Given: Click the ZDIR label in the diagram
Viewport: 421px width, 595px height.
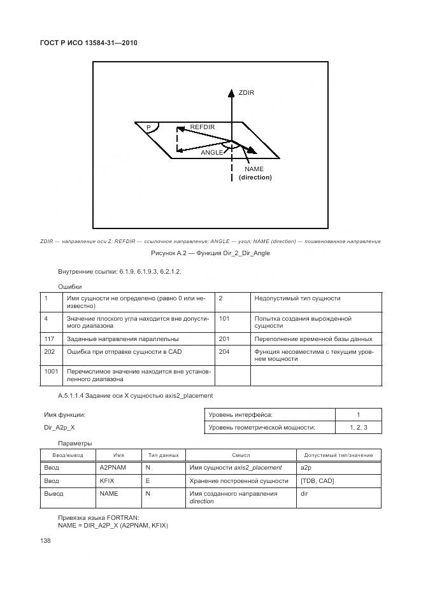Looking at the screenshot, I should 246,93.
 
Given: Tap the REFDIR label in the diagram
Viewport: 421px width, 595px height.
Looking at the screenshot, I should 203,127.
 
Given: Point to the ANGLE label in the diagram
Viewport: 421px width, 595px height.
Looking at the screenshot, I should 212,153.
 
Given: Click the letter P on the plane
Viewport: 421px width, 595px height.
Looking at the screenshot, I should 148,128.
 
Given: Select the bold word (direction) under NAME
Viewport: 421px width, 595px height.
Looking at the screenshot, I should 255,178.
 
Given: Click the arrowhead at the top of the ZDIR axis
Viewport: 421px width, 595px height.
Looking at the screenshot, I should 231,92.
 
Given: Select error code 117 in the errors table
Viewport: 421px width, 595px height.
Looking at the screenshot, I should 48,339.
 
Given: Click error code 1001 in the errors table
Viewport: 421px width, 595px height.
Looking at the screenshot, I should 50,370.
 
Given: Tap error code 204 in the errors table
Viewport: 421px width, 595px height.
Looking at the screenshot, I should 224,351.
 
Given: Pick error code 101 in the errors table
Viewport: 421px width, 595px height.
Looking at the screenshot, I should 224,318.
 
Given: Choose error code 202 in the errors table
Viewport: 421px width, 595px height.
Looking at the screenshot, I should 48,351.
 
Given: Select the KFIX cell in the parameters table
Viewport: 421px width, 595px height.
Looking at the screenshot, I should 107,480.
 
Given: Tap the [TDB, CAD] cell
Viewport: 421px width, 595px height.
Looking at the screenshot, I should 317,480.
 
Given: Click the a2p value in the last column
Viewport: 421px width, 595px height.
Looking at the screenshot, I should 304,468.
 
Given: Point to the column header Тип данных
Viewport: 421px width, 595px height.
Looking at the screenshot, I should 163,455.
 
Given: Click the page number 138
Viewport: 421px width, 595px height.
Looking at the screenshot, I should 45,540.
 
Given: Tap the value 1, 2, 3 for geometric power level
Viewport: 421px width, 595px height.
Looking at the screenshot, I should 359,428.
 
